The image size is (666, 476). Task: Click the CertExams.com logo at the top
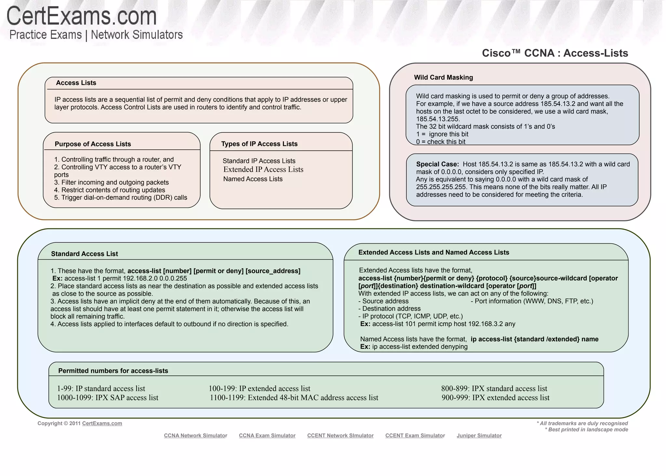[82, 16]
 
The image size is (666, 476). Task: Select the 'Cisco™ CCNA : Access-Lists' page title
[555, 53]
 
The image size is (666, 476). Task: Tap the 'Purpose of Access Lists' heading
[93, 144]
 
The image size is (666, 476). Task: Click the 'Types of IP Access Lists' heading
[259, 144]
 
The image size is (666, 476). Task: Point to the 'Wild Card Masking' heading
[443, 77]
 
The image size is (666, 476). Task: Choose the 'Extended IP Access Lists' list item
[263, 170]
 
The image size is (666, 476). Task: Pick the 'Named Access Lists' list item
[253, 179]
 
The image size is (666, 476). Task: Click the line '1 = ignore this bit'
[442, 134]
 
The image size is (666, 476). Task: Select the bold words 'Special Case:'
[437, 164]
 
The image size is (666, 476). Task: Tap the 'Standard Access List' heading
[84, 254]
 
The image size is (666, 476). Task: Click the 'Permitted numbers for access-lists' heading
[113, 371]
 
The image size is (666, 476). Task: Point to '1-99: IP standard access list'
[101, 388]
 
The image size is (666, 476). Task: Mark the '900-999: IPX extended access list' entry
[495, 398]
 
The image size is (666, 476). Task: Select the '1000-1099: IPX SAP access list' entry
[108, 398]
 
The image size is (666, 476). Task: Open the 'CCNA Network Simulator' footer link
[195, 436]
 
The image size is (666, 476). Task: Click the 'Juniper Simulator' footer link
[479, 436]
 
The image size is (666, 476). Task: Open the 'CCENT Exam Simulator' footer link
[415, 436]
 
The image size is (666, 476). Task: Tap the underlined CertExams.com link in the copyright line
[102, 423]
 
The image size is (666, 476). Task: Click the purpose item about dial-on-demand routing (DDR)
[121, 197]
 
